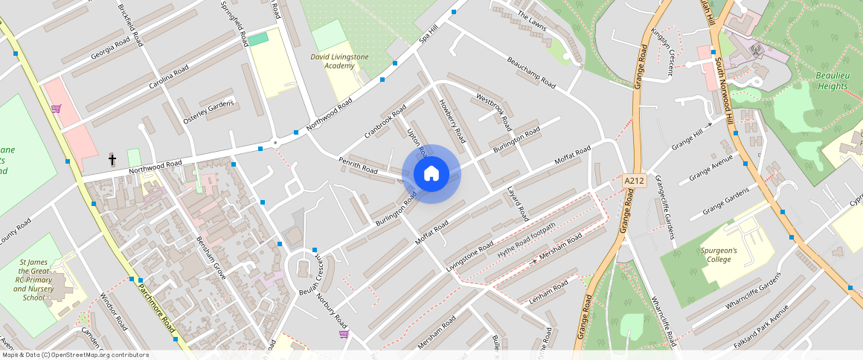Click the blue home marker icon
click(431, 174)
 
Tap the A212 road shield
click(634, 181)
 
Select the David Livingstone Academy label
click(333, 61)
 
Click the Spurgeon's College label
click(718, 255)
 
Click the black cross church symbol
click(112, 159)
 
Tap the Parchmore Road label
click(156, 306)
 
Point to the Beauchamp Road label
click(531, 72)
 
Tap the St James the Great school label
click(33, 279)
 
